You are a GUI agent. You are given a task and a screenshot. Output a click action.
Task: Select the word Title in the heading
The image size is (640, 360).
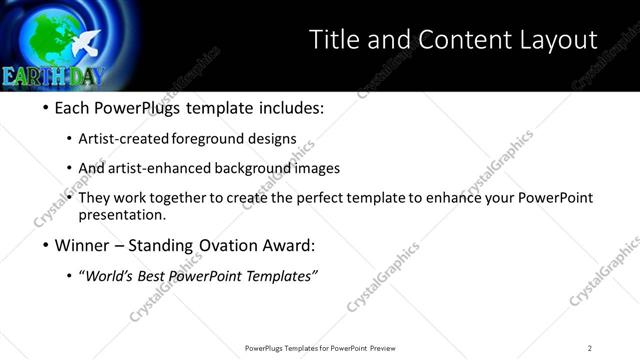tap(334, 40)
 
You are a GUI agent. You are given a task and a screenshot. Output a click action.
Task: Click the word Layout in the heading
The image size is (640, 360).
tap(553, 40)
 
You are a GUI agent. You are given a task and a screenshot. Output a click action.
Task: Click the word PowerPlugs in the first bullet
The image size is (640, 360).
tap(142, 108)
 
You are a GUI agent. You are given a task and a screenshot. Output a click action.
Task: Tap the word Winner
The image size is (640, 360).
tap(83, 245)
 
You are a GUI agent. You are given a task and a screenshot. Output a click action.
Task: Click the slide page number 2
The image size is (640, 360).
tap(589, 348)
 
